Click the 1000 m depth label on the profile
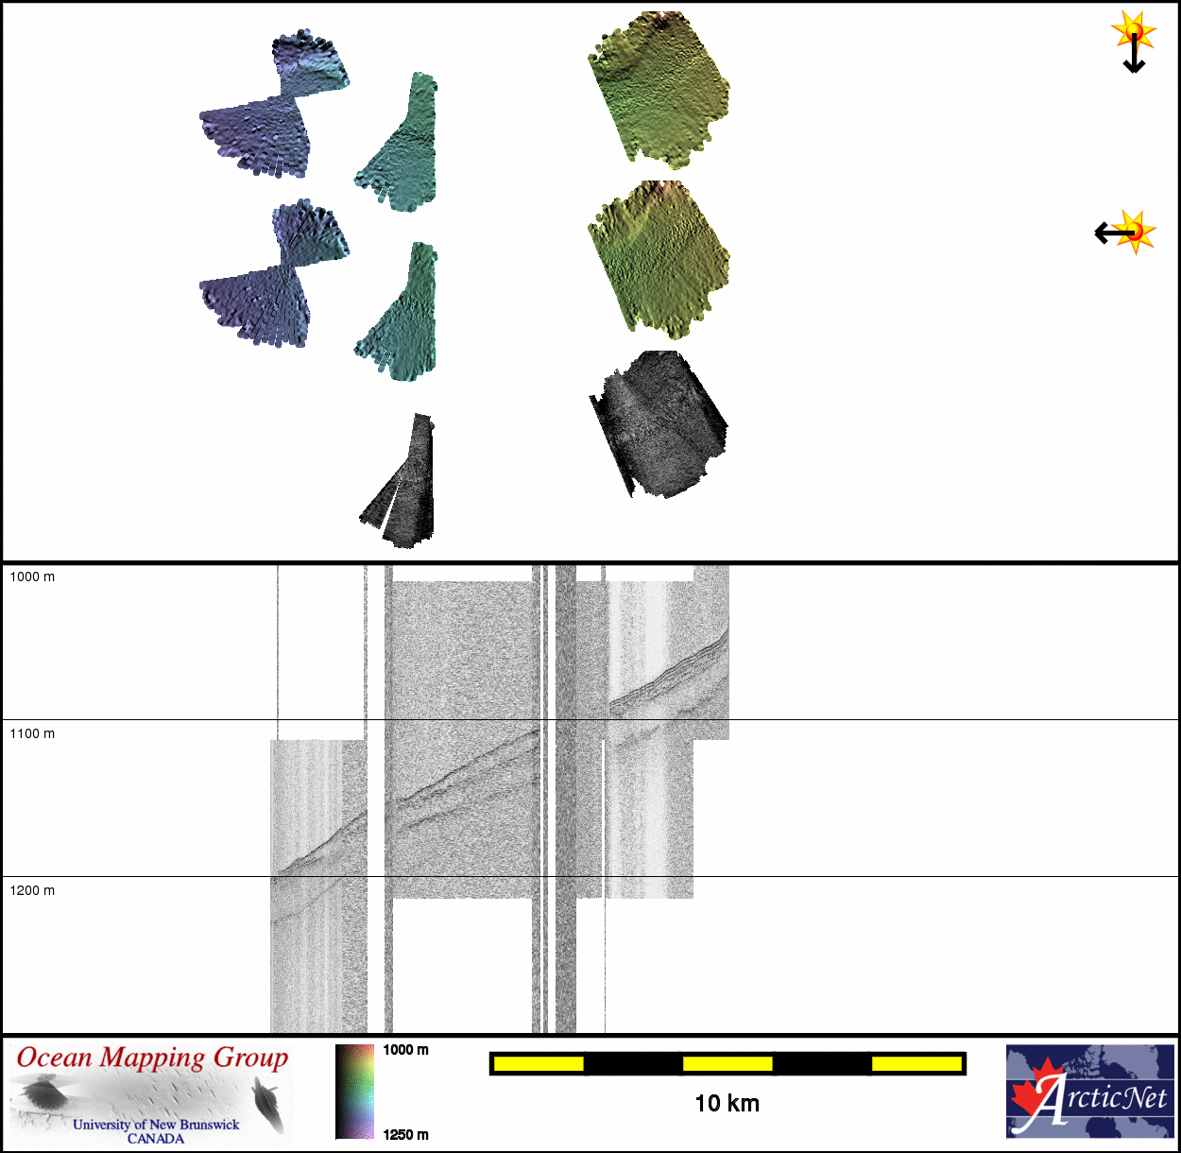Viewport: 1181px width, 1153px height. point(32,576)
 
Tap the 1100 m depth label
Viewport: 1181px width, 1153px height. point(32,733)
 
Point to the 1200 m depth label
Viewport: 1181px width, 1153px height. point(32,890)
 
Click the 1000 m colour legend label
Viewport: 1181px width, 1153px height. point(405,1050)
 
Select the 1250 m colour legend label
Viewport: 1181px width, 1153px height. point(405,1135)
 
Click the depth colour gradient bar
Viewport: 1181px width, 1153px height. point(354,1092)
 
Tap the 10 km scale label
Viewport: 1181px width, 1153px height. point(727,1103)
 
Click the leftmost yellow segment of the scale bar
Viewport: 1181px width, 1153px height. point(539,1064)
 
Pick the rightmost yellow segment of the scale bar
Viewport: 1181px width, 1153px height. point(916,1064)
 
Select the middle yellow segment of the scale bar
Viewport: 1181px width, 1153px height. point(727,1064)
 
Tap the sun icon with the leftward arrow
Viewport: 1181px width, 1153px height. point(1126,232)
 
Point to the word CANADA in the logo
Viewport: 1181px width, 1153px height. point(156,1139)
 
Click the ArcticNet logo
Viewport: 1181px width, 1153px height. point(1090,1092)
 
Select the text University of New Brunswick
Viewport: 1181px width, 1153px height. point(156,1125)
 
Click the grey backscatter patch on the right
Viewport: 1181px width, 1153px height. point(659,424)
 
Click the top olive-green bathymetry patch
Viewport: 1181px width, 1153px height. point(659,89)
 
